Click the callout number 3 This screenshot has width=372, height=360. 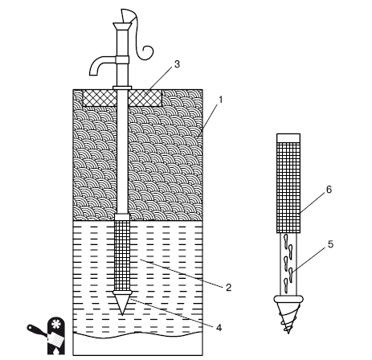click(177, 64)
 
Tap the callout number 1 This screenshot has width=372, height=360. click(221, 100)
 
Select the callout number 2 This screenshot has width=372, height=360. click(228, 288)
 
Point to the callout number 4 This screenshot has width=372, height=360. click(219, 328)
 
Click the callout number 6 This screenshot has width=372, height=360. click(329, 190)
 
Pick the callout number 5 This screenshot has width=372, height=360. click(330, 244)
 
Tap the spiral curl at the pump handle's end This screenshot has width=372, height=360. click(147, 51)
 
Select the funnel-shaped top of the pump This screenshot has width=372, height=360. click(122, 26)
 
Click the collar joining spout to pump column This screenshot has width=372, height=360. click(122, 59)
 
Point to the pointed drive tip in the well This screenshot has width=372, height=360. click(122, 304)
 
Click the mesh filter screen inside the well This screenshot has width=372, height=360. click(122, 255)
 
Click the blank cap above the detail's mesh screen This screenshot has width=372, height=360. click(288, 137)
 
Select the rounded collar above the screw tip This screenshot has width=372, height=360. click(288, 298)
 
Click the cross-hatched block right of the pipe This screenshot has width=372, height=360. click(145, 97)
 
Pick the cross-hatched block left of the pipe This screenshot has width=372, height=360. click(100, 97)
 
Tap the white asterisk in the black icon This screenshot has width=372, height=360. click(55, 325)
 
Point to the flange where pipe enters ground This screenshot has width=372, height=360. click(122, 88)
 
